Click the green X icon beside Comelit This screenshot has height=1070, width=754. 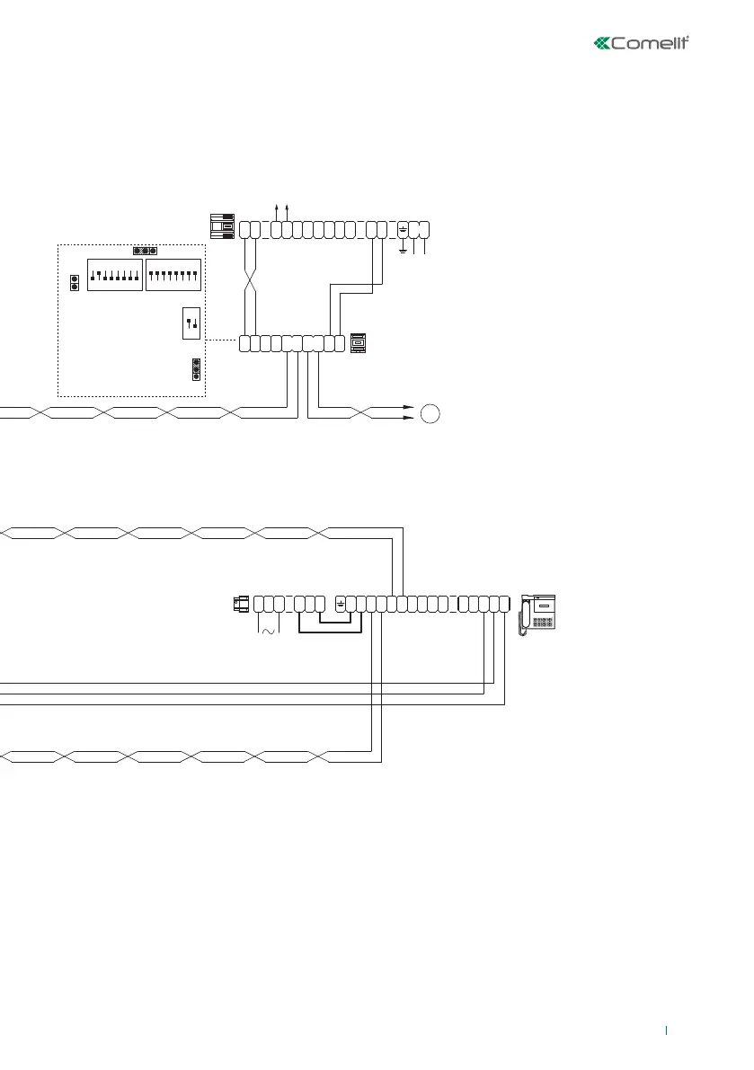tap(602, 43)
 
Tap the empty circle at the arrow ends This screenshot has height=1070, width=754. tap(430, 413)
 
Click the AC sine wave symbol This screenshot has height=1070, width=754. tap(269, 632)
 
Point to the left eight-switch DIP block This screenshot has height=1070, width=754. tap(114, 275)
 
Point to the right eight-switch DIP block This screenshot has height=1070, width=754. tap(173, 275)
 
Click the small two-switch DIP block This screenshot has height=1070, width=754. tap(191, 323)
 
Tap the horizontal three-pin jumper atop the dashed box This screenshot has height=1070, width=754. tap(145, 251)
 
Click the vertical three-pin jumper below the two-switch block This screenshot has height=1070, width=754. tap(196, 368)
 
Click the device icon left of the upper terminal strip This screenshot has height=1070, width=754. tap(222, 228)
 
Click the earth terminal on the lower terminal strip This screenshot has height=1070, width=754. tap(340, 603)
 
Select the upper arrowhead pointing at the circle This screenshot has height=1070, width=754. tap(409, 407)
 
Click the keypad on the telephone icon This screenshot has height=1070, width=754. tap(541, 622)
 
